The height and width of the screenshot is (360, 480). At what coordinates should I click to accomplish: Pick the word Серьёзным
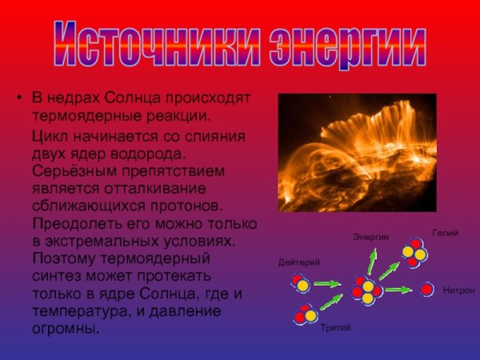tap(69, 170)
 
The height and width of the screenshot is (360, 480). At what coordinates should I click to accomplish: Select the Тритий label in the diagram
tap(335, 328)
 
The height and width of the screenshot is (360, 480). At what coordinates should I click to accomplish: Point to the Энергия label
tap(370, 237)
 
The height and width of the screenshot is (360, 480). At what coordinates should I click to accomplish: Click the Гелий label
tap(445, 233)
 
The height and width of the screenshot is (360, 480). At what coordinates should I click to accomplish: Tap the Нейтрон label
tap(458, 289)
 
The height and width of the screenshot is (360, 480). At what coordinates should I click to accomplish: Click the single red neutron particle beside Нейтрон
tap(427, 289)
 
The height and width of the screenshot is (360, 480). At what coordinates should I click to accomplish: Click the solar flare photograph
tap(357, 153)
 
